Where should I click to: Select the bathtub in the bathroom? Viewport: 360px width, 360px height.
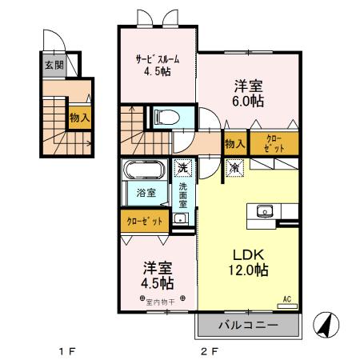143,170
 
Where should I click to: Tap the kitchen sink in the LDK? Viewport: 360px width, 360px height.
265,212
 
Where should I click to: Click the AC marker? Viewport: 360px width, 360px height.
286,300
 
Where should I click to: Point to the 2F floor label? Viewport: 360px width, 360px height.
210,350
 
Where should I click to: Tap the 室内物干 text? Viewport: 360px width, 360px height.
159,302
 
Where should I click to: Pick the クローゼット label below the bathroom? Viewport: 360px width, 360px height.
145,221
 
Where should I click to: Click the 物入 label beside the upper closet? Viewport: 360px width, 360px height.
234,145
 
